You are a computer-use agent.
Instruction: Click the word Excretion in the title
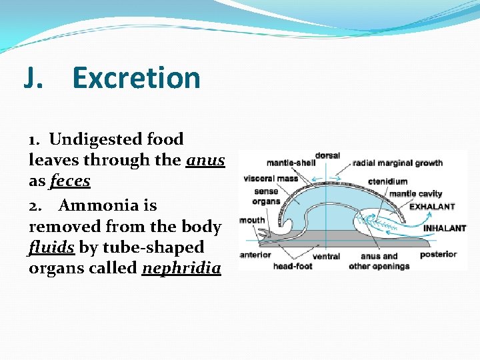136,78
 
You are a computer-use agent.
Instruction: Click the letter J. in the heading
35,78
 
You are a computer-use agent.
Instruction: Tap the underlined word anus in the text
205,160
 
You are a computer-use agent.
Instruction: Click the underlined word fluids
51,248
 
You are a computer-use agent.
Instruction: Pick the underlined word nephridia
181,269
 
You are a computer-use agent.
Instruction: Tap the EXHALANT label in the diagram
431,207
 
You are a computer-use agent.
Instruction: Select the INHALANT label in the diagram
445,228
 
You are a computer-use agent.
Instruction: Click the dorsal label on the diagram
327,156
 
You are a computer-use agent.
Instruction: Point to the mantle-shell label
291,163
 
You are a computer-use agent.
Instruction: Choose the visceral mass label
271,179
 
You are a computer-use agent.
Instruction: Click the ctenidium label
389,181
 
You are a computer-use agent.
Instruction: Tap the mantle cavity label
415,194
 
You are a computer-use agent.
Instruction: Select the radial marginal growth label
397,163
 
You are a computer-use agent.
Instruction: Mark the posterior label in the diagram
438,254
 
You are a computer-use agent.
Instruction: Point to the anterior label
255,255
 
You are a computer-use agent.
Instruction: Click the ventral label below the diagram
327,255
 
